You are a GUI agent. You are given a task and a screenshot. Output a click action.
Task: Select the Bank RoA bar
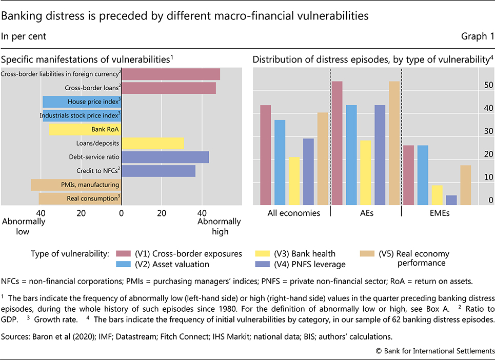point(85,129)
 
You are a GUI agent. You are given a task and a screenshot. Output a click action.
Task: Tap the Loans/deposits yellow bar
point(152,143)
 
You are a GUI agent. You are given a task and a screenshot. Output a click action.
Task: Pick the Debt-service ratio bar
point(165,157)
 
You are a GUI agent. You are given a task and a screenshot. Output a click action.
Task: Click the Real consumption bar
point(80,198)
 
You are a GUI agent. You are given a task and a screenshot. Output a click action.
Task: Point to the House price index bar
point(82,102)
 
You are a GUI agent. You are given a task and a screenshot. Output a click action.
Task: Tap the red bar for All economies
point(266,155)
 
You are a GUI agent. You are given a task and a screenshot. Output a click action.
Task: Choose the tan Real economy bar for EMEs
point(465,185)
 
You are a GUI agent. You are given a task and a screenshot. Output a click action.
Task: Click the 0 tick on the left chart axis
point(122,212)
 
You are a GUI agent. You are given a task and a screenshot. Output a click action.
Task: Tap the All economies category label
point(294,213)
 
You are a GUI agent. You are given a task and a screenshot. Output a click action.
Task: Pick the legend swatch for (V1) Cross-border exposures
point(123,254)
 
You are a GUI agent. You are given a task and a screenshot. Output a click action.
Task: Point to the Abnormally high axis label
point(219,226)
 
